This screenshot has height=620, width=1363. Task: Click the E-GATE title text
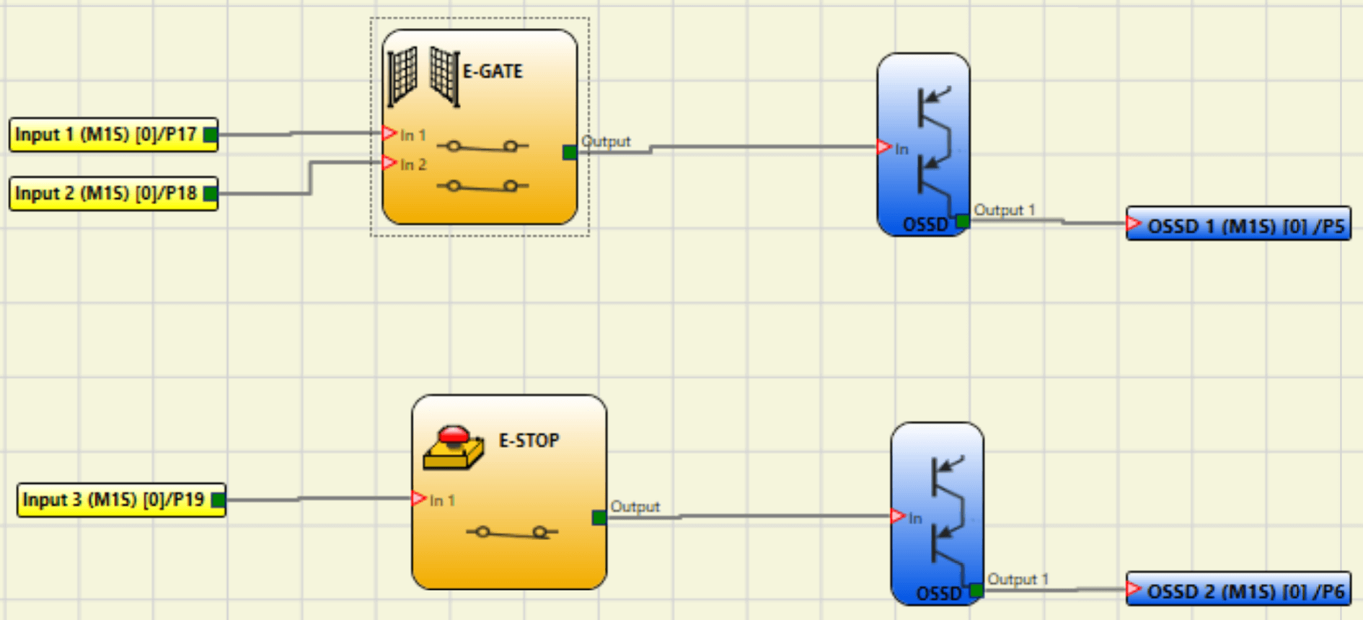click(493, 71)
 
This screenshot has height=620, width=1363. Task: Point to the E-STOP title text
click(529, 440)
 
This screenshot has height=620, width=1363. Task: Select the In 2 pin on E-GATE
click(390, 163)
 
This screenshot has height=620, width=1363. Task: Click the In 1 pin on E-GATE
click(390, 133)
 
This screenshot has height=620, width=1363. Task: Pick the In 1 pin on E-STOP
click(419, 499)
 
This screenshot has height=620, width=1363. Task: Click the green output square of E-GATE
click(570, 152)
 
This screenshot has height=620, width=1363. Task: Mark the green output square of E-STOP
click(599, 518)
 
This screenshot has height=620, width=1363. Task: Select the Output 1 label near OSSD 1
click(1004, 210)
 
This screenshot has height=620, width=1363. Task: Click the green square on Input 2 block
click(210, 193)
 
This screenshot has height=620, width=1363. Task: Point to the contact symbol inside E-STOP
click(511, 533)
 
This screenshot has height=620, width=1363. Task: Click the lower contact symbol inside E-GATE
click(482, 186)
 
